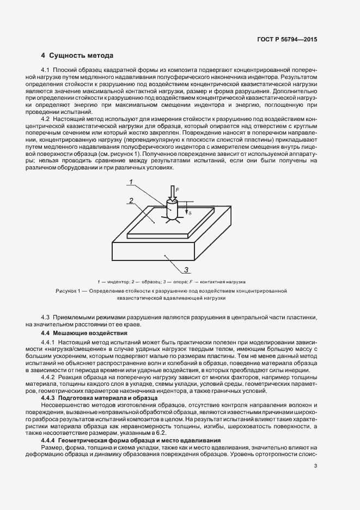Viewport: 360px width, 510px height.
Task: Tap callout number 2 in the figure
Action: [132, 201]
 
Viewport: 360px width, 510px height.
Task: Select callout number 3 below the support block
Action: [186, 269]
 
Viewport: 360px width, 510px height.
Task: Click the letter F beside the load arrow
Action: [176, 189]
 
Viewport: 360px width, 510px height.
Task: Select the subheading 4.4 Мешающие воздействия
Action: [81, 332]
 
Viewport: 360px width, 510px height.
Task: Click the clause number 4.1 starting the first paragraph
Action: [46, 71]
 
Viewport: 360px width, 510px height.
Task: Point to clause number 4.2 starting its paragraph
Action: [46, 118]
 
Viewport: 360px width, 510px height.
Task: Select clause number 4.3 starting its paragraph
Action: [46, 317]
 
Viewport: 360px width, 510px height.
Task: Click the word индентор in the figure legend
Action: [115, 282]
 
